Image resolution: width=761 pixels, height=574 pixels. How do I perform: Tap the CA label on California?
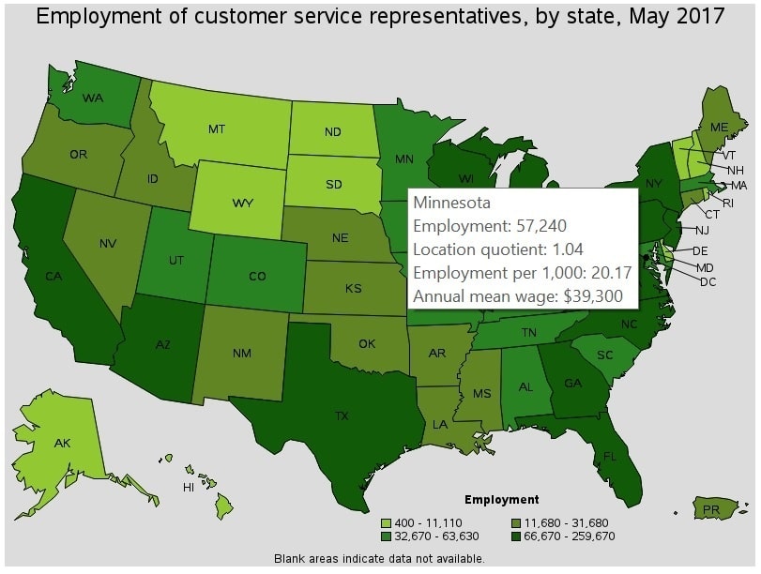[53, 276]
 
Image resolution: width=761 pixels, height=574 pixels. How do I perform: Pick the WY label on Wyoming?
[242, 203]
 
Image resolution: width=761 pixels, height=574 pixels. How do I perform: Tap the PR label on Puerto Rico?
[710, 510]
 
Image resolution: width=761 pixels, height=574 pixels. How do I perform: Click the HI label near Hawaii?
[189, 488]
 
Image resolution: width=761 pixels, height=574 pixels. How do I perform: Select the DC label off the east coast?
[708, 281]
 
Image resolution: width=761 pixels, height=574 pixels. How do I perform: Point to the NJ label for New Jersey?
[702, 230]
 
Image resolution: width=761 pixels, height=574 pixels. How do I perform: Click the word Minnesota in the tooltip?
[452, 203]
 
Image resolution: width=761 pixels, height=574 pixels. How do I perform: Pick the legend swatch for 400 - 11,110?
[386, 522]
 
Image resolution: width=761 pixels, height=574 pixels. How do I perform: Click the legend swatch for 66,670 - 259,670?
[517, 536]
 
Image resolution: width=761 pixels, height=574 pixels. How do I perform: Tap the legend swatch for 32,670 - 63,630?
[386, 536]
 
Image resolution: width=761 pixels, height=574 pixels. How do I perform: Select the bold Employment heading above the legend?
[502, 500]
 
